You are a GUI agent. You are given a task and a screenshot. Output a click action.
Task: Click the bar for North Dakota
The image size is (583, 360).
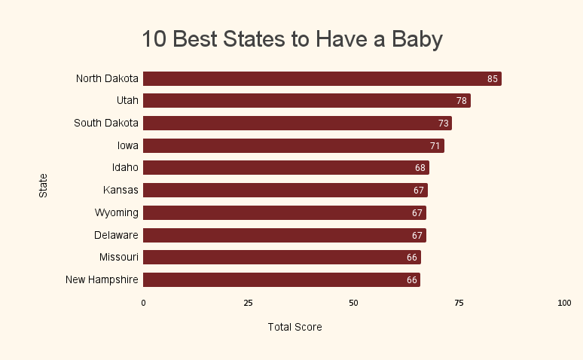coord(322,78)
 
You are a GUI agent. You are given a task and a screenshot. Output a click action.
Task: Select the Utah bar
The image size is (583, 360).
coord(307,101)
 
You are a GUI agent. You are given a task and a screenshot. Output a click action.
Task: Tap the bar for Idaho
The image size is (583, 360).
coord(285,168)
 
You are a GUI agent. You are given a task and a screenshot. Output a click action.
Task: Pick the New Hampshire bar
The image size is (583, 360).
coord(281,280)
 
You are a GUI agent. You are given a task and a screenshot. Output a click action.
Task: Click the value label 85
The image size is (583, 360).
coord(493,78)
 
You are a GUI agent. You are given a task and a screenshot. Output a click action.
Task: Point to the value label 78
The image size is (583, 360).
coord(462,101)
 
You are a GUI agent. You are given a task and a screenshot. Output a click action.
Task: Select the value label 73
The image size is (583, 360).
coord(444,124)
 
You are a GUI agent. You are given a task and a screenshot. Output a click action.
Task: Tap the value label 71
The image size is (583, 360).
coord(435,145)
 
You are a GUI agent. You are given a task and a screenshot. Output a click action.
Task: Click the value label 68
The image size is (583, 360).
coord(420,168)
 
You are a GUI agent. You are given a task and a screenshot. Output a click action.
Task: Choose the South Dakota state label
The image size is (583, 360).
coord(106,123)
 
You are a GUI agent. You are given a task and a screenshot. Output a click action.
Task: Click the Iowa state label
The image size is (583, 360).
coord(128,145)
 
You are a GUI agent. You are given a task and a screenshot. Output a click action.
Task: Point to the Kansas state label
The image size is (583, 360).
coord(121,190)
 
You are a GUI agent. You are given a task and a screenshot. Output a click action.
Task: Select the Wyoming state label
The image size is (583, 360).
coord(117,212)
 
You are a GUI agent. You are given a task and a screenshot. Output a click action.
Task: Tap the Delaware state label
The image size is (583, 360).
coord(116,235)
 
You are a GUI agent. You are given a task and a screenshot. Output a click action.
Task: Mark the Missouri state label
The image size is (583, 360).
coord(119,258)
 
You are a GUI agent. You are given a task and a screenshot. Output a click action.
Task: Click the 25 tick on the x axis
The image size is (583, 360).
coord(248,303)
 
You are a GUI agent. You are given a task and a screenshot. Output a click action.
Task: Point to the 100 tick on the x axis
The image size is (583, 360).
coord(564,303)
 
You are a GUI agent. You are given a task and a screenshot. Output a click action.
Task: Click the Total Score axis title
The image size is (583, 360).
coord(295,327)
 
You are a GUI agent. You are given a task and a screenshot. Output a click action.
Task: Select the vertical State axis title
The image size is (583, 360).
coord(43,185)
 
